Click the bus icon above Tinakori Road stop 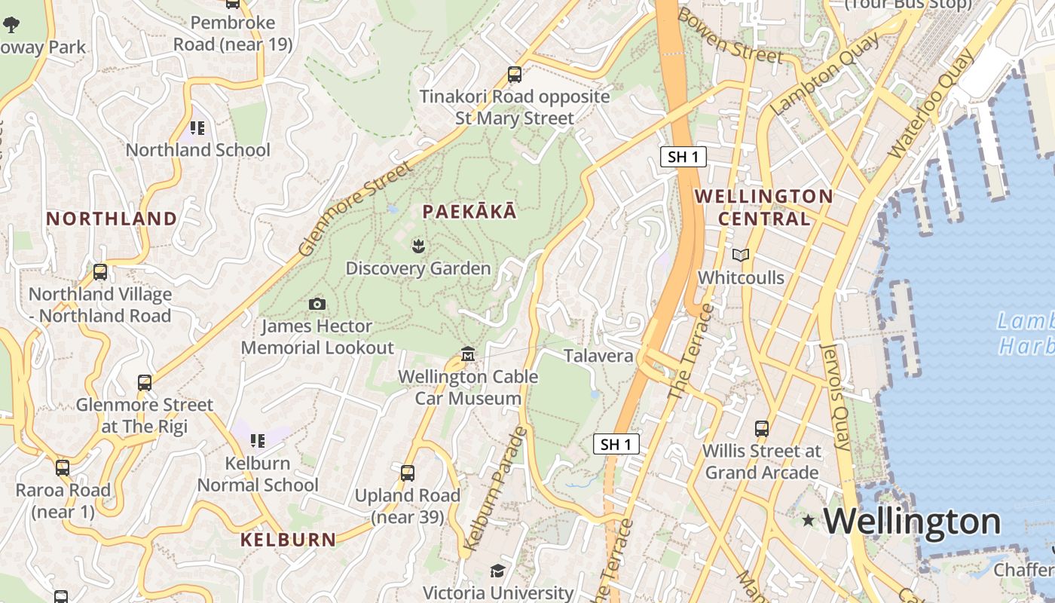tap(515, 75)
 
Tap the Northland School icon tap(197, 128)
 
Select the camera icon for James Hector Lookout tap(317, 304)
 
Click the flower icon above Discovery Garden tap(417, 245)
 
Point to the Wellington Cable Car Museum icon tap(468, 354)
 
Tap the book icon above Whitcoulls tap(741, 256)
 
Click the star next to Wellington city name tap(809, 520)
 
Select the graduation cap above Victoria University tap(497, 571)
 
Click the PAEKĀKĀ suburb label tap(469, 212)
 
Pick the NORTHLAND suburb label tap(112, 219)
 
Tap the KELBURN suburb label tap(288, 540)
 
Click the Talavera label tap(598, 356)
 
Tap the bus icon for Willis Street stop tap(762, 429)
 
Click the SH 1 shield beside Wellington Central tap(683, 157)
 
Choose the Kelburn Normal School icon tap(258, 440)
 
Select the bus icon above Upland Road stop tap(408, 473)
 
